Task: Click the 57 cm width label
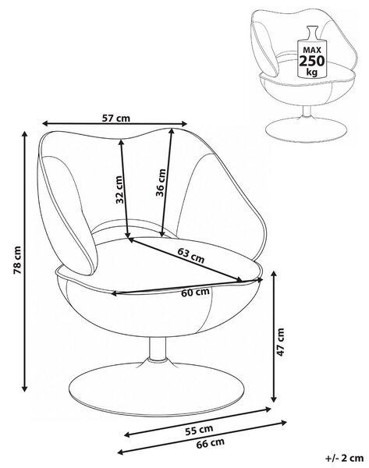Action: click(116, 118)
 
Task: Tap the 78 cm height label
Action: click(17, 260)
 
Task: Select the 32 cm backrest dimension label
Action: click(119, 190)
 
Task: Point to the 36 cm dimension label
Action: click(161, 183)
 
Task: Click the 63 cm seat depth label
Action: click(191, 255)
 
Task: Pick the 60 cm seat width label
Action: click(195, 292)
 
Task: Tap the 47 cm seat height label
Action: click(281, 342)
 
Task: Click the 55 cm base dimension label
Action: click(199, 430)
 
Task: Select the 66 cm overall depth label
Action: click(210, 443)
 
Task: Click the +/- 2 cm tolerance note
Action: click(344, 458)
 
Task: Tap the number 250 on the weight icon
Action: click(311, 61)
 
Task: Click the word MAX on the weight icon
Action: click(312, 50)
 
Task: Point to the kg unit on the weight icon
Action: click(312, 73)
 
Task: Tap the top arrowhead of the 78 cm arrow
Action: click(25, 134)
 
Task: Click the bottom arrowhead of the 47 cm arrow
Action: click(274, 398)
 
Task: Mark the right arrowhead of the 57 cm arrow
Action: click(183, 123)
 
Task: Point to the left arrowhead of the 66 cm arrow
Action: click(121, 452)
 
